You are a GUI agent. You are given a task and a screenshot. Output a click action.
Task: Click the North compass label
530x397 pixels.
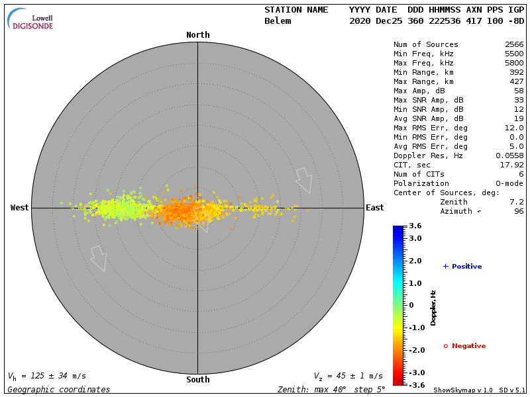197,35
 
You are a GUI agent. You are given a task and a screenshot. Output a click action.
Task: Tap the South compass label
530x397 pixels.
197,380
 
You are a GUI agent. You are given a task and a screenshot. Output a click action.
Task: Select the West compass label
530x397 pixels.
19,208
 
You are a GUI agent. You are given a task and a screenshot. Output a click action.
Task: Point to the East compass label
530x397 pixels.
374,208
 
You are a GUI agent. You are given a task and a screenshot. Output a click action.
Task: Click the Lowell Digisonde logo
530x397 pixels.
31,19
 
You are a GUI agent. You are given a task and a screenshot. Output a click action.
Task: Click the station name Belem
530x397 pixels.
278,21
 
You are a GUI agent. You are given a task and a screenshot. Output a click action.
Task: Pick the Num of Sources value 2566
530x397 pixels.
514,45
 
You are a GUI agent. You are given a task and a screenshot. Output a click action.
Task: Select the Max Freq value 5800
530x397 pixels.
514,64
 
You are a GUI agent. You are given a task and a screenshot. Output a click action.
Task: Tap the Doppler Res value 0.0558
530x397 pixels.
509,155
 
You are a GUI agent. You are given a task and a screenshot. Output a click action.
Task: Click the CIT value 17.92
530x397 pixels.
512,165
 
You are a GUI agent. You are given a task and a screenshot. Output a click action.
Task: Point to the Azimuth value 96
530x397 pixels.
519,211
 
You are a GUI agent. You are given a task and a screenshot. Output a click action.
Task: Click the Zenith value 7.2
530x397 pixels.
517,202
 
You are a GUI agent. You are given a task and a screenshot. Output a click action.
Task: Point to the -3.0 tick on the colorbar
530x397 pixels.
415,373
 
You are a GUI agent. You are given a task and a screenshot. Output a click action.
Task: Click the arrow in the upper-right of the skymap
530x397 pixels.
304,179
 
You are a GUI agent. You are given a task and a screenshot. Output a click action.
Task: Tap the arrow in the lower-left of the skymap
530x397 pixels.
99,258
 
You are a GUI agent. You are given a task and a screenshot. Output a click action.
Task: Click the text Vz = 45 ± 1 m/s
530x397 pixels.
348,376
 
